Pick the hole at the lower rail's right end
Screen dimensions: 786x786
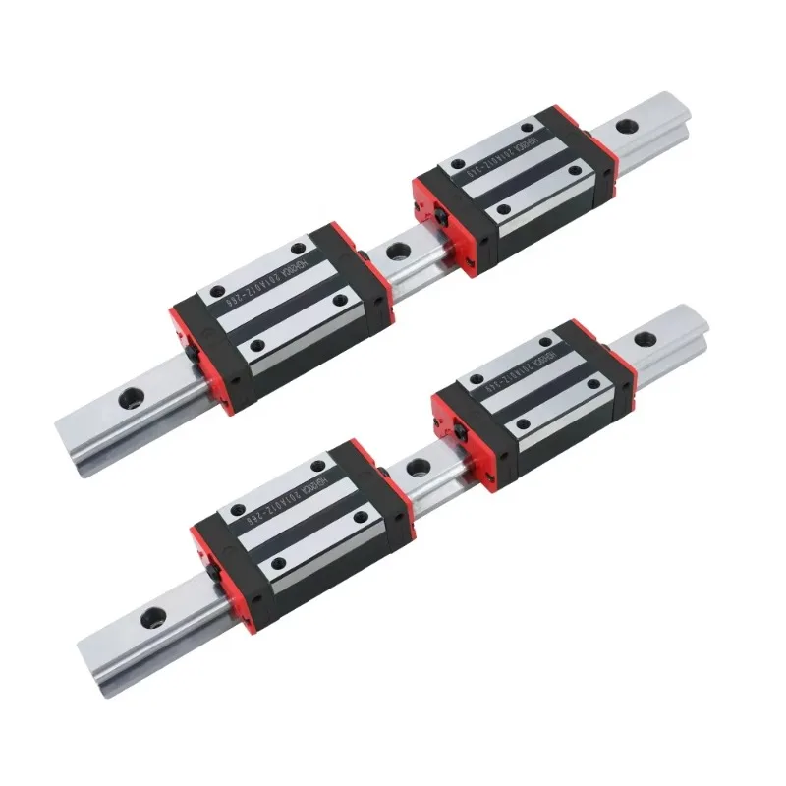pos(645,340)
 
